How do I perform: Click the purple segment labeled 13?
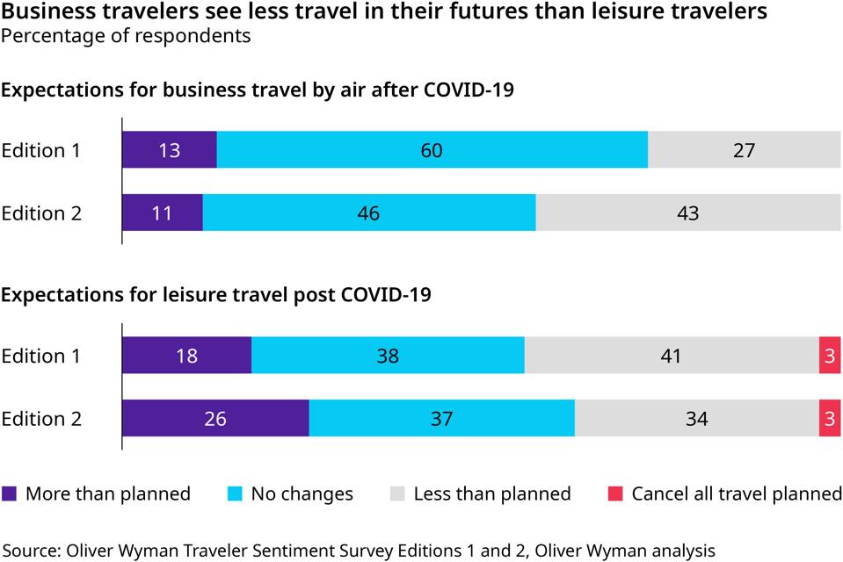[169, 150]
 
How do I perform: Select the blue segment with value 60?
[432, 150]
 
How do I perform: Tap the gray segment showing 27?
[744, 150]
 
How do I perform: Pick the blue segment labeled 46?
[368, 213]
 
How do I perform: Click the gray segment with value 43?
[687, 213]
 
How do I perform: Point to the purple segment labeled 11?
[162, 213]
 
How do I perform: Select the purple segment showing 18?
[186, 356]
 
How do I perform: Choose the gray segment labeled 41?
[671, 356]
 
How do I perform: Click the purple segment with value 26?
[214, 419]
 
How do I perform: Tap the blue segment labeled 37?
[441, 419]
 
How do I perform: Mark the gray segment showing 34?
[696, 419]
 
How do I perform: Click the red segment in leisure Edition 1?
[830, 356]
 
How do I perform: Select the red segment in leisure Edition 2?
[830, 419]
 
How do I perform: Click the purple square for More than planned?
[10, 494]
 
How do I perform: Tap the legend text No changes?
[302, 494]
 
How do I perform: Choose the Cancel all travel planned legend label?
[737, 494]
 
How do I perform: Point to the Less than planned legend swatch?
[397, 494]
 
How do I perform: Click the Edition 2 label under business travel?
[40, 213]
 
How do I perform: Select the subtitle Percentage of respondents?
[126, 36]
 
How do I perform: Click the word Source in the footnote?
[29, 551]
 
